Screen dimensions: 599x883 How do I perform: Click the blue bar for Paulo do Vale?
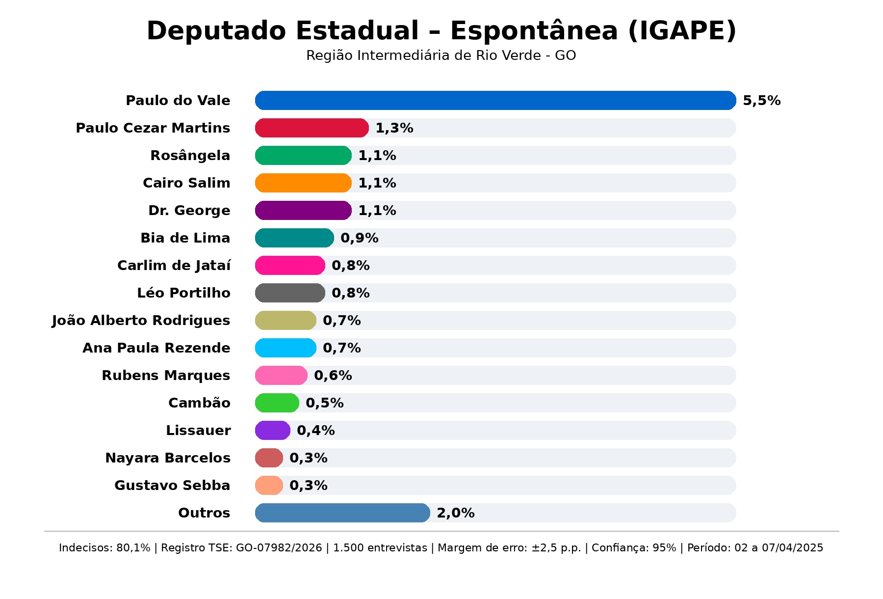click(x=495, y=101)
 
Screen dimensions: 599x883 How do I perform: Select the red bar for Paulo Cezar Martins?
click(x=312, y=128)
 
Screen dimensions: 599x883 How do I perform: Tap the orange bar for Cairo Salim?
click(x=303, y=183)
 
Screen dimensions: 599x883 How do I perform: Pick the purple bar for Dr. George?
click(x=303, y=211)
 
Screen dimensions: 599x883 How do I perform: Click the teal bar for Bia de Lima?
click(x=294, y=238)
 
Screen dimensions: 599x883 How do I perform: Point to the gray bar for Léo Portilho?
click(x=290, y=293)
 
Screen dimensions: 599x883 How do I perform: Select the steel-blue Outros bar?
click(x=342, y=513)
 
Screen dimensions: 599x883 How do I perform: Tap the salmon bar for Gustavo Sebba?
click(x=269, y=486)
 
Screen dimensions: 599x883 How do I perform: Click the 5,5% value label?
click(x=761, y=101)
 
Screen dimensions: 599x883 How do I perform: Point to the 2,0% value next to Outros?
click(x=455, y=513)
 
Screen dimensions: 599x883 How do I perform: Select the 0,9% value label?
click(x=359, y=238)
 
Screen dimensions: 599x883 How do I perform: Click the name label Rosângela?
click(x=190, y=156)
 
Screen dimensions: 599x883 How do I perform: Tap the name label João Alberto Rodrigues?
click(x=141, y=321)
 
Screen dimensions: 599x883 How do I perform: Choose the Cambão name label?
click(x=199, y=403)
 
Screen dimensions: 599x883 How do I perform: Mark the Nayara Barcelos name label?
click(x=168, y=458)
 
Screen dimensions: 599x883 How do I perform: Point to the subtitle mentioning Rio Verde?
click(x=441, y=55)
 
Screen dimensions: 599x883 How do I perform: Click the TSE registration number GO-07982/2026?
click(x=279, y=548)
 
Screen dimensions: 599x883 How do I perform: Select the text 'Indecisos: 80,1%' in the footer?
click(x=104, y=548)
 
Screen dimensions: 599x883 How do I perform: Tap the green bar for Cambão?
click(x=277, y=403)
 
